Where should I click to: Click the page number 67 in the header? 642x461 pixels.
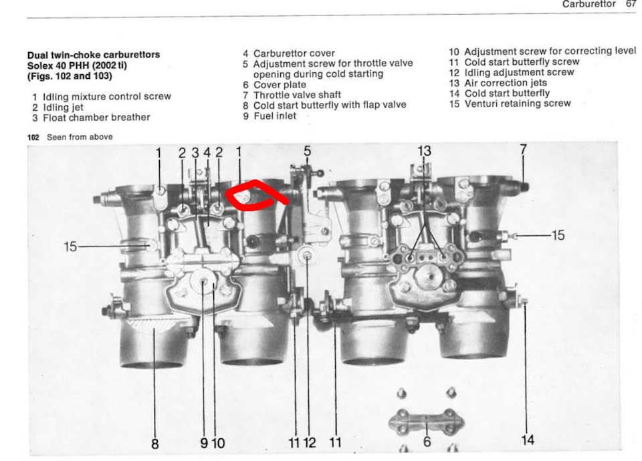pyautogui.click(x=631, y=4)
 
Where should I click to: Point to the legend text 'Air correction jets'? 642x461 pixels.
pyautogui.click(x=505, y=83)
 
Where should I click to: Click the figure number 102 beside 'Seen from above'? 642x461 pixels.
pyautogui.click(x=33, y=137)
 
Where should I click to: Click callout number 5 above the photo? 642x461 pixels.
pyautogui.click(x=307, y=151)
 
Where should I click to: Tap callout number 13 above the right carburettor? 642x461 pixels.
pyautogui.click(x=424, y=151)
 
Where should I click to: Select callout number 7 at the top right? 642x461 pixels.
pyautogui.click(x=523, y=151)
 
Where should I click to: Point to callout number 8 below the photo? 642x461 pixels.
pyautogui.click(x=154, y=443)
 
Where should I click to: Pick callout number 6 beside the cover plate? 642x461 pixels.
pyautogui.click(x=426, y=442)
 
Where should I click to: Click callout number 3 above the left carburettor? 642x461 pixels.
pyautogui.click(x=195, y=152)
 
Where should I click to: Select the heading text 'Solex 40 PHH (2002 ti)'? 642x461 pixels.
pyautogui.click(x=77, y=65)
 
